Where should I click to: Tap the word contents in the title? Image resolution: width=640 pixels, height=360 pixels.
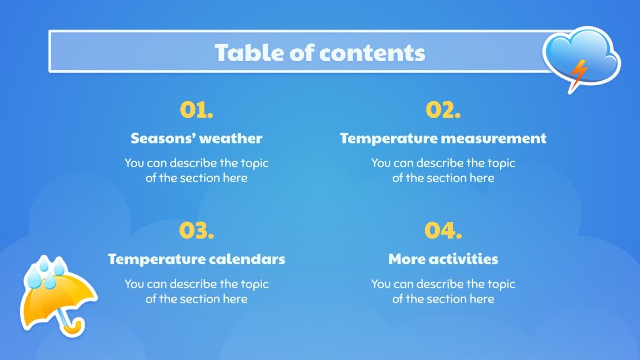click(371, 53)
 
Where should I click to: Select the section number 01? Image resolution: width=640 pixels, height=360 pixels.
click(196, 110)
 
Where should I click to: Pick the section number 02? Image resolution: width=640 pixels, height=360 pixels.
click(443, 110)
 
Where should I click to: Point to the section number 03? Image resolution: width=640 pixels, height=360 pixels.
click(196, 231)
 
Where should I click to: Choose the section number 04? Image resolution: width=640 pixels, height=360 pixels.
click(443, 231)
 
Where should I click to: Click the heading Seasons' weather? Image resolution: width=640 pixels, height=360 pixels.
click(196, 139)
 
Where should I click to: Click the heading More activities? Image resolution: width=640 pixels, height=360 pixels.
click(443, 259)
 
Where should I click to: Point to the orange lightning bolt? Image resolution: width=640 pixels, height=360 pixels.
click(577, 74)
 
